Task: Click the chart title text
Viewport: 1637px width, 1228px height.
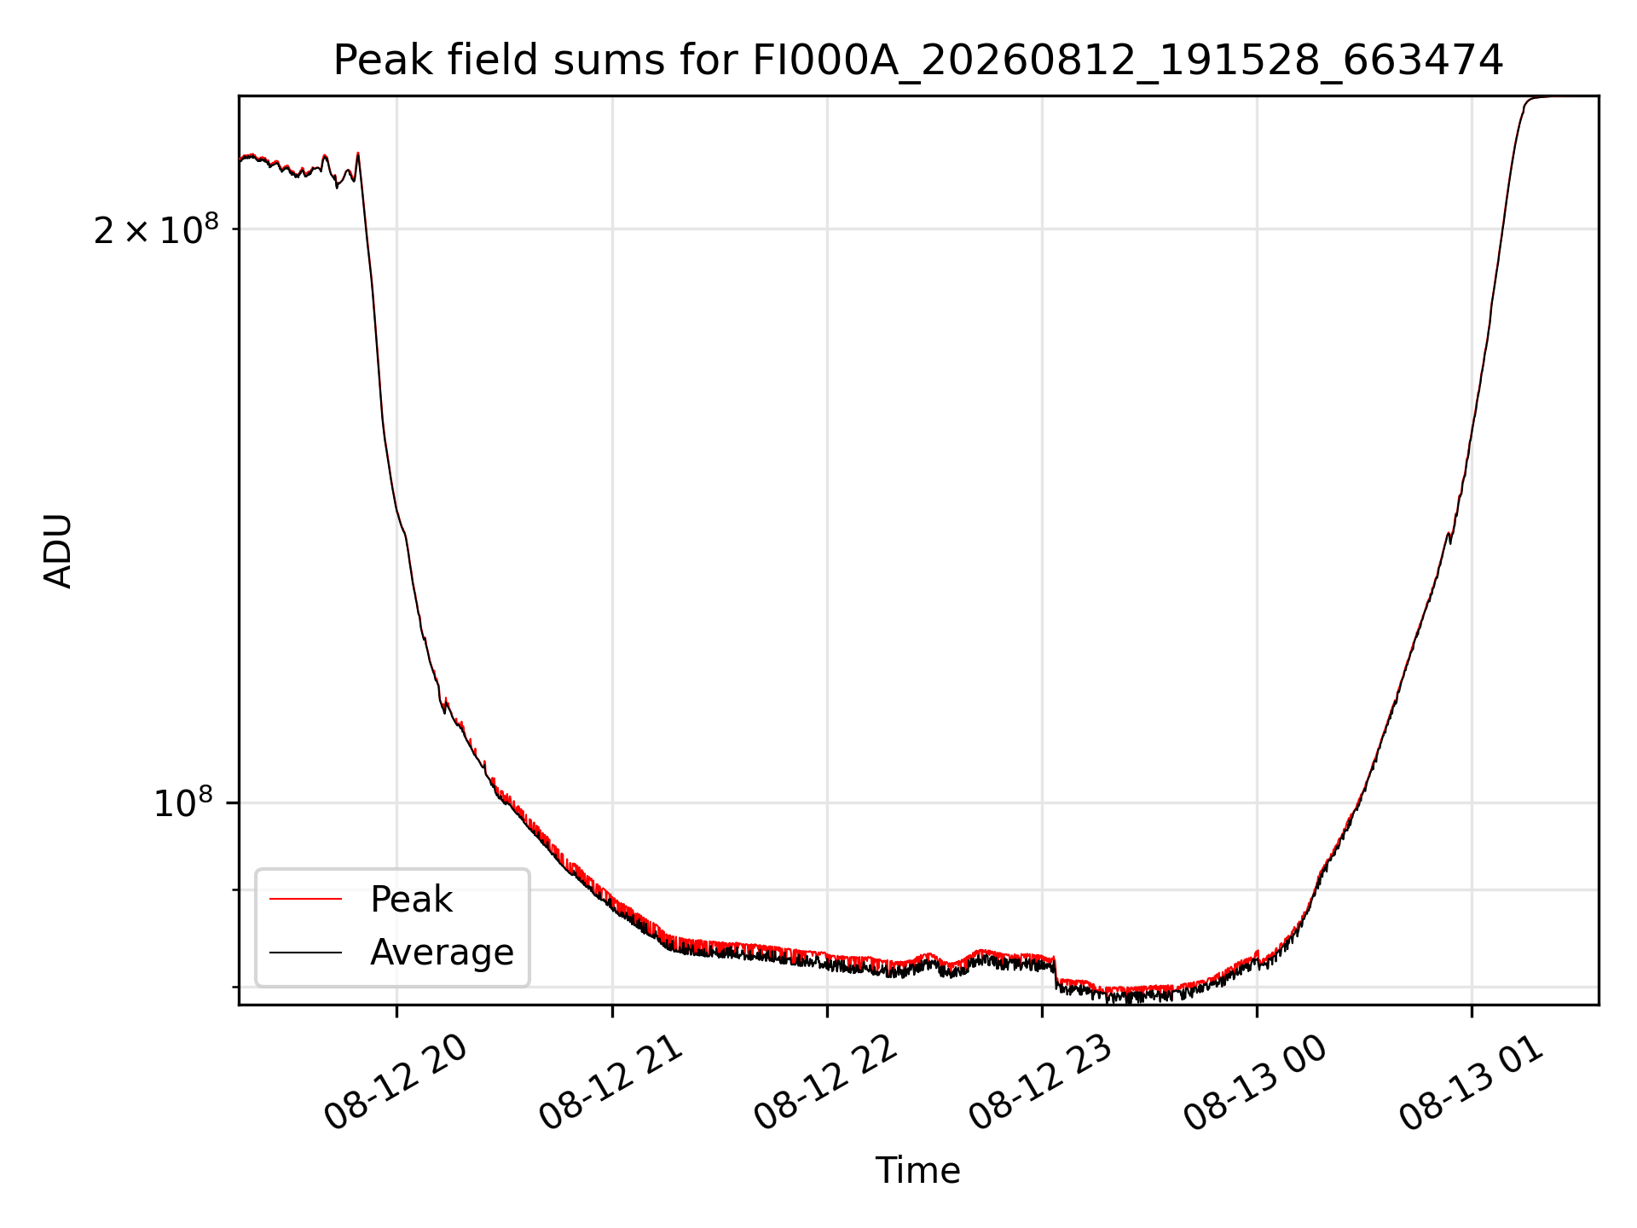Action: point(918,61)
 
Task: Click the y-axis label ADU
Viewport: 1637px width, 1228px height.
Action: point(58,551)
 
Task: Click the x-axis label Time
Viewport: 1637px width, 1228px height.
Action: point(918,1171)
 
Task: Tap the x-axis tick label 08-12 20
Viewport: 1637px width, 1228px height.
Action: point(396,1083)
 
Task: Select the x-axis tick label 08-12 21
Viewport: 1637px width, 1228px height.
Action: point(612,1083)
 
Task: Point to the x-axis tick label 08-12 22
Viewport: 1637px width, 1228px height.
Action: point(827,1083)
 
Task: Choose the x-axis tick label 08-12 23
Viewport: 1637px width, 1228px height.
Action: point(1042,1083)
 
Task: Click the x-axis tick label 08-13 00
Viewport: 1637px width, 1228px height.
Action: point(1257,1083)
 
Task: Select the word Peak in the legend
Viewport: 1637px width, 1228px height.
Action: point(411,900)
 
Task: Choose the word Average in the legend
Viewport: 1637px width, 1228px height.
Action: point(442,953)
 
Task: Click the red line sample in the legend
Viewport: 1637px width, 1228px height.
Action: point(305,899)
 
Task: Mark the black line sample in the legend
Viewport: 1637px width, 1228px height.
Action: point(305,952)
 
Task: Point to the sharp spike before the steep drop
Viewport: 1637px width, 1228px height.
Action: point(358,154)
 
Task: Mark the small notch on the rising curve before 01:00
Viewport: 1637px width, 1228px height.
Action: point(1449,537)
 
